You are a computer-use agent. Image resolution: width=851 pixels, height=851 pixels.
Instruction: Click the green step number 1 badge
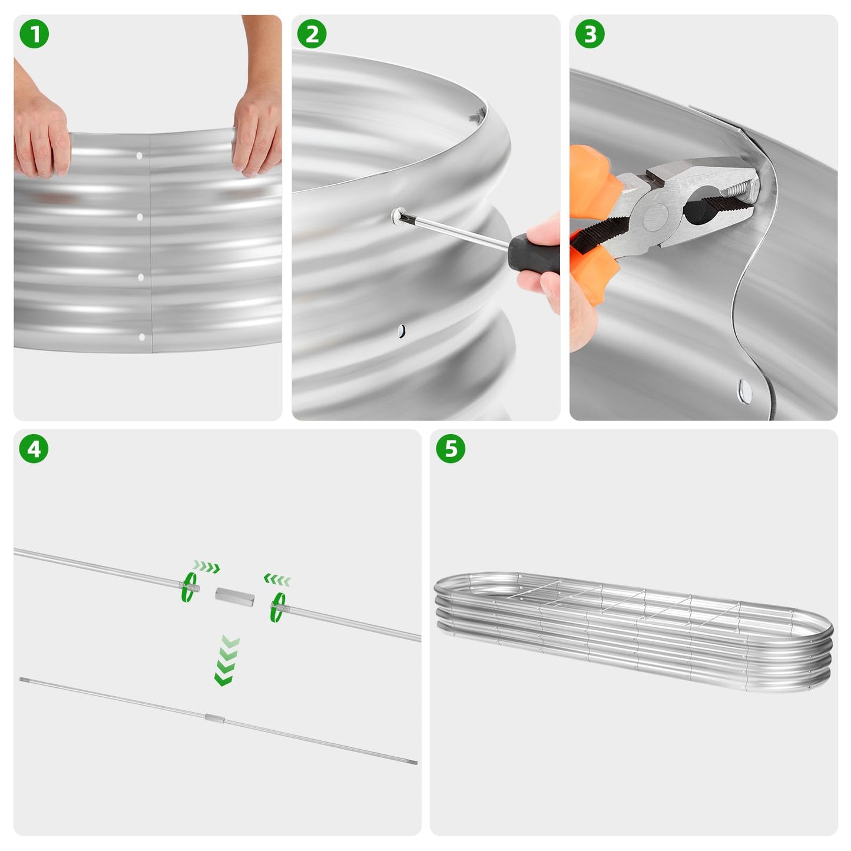click(34, 35)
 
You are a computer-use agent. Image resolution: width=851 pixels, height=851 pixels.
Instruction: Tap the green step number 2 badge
click(312, 35)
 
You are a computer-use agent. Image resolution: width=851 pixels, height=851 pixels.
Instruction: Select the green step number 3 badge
click(590, 35)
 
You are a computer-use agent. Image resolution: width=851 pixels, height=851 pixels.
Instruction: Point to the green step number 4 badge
click(34, 449)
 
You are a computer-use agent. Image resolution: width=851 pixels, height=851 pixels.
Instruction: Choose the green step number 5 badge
click(451, 449)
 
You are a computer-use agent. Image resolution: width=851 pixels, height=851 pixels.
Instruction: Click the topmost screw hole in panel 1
click(140, 156)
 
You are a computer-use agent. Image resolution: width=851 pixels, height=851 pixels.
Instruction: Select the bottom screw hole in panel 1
click(141, 337)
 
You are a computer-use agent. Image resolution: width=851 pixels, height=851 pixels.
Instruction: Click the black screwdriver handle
click(535, 253)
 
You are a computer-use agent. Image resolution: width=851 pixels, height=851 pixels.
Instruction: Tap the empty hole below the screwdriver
click(402, 331)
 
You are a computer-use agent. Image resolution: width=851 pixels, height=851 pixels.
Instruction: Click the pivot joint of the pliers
click(655, 217)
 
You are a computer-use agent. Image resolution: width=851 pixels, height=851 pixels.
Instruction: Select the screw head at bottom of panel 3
click(744, 389)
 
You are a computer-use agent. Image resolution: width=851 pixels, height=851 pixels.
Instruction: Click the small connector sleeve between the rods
click(234, 596)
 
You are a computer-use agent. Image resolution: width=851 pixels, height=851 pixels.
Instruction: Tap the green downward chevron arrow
click(226, 660)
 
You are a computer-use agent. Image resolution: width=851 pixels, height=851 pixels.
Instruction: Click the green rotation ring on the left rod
click(190, 587)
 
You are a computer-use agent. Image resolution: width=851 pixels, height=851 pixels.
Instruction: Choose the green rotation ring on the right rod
click(277, 607)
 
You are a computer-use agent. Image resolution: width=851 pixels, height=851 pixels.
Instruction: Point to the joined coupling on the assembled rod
click(214, 718)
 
